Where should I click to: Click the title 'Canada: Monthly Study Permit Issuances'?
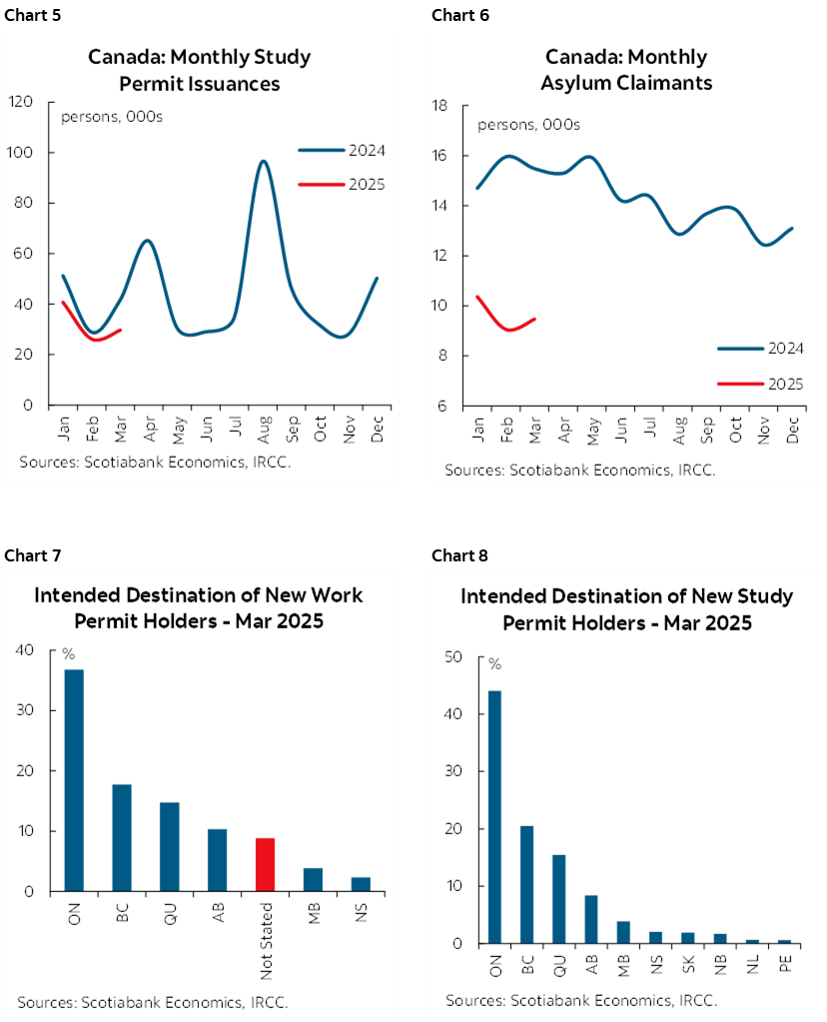click(x=199, y=70)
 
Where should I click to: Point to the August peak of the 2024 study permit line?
click(x=263, y=162)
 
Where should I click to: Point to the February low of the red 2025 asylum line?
click(x=508, y=329)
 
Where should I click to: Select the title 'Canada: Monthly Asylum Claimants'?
click(x=626, y=70)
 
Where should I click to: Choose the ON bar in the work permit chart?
click(x=73, y=780)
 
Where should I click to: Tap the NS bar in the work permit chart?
click(x=361, y=884)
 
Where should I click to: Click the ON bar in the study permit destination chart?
click(x=494, y=817)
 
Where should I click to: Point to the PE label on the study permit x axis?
click(x=784, y=963)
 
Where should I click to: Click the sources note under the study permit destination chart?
click(x=581, y=1000)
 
